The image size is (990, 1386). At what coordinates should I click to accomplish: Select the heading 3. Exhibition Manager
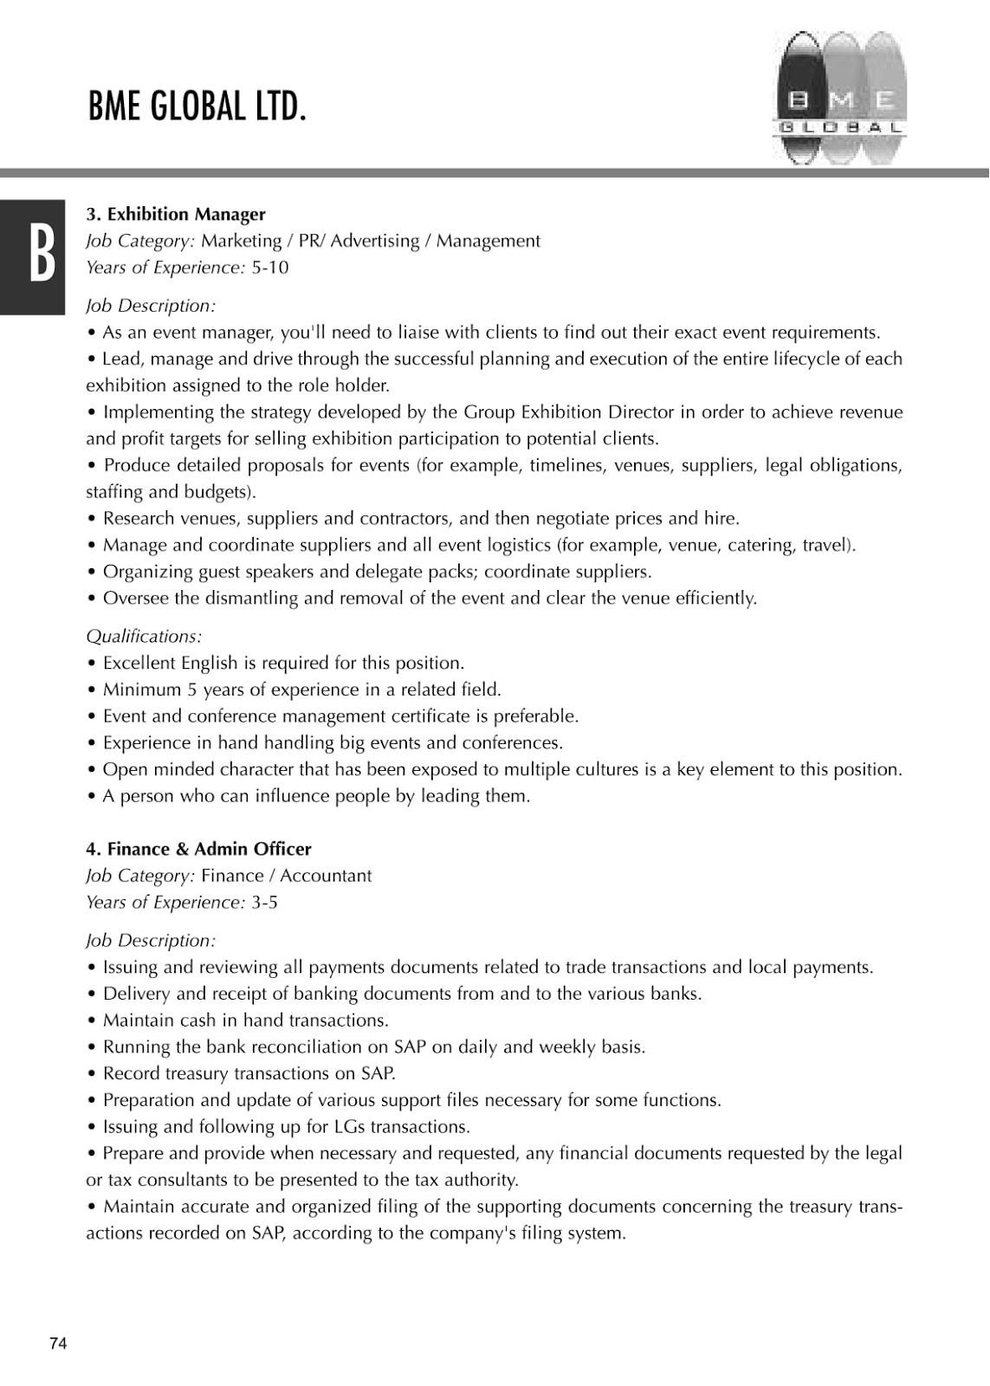point(176,214)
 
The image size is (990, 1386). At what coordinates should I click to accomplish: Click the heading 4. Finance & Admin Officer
point(198,849)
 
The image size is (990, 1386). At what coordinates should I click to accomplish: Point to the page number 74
point(58,1344)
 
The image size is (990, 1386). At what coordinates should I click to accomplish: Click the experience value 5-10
point(269,268)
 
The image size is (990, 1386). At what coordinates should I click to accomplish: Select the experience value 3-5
point(264,903)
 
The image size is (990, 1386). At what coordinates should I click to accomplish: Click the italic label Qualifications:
point(144,637)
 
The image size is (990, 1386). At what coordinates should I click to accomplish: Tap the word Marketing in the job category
point(242,241)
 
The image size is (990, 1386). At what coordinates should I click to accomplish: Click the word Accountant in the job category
point(326,876)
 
